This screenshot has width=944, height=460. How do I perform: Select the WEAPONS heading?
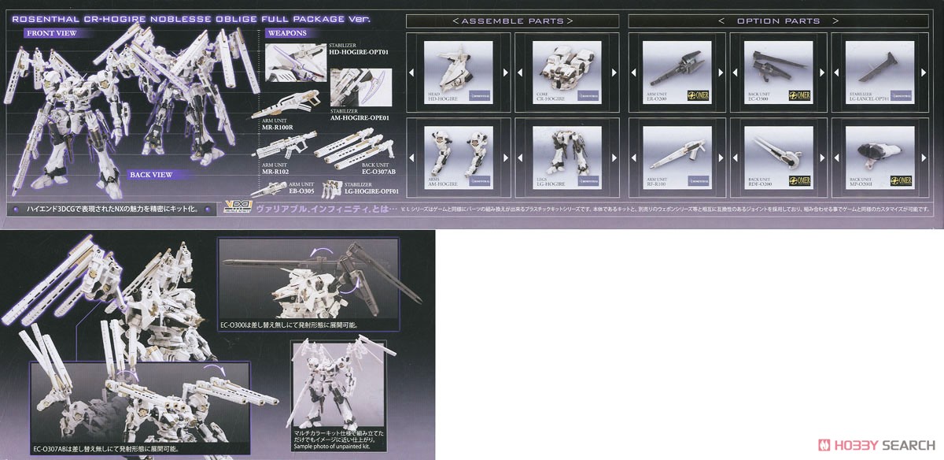(286, 33)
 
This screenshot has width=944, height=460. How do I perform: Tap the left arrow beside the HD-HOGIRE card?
(411, 73)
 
